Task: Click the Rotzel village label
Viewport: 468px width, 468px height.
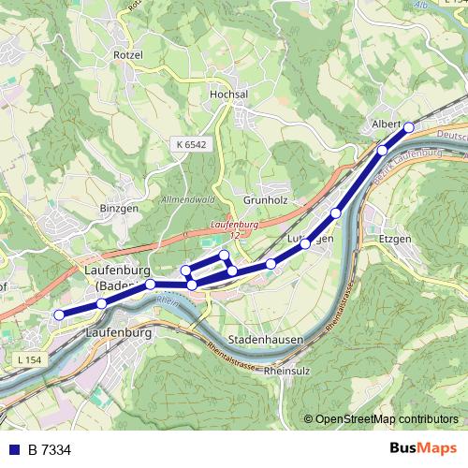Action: (x=127, y=55)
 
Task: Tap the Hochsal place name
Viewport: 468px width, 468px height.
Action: (x=228, y=95)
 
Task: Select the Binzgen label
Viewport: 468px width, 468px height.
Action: (x=118, y=207)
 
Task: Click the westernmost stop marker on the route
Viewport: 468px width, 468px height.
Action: (x=59, y=314)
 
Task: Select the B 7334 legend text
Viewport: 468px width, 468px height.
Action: (x=49, y=450)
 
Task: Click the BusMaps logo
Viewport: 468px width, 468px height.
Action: (x=424, y=449)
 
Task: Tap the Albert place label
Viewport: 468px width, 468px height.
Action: (x=387, y=124)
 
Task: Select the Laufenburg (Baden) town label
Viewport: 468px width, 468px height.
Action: (x=118, y=278)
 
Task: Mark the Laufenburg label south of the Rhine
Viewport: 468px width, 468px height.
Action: (x=118, y=332)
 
